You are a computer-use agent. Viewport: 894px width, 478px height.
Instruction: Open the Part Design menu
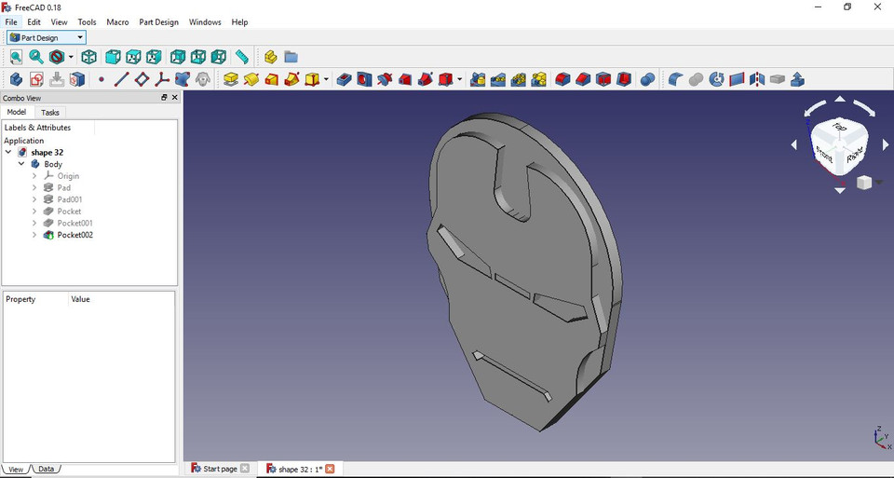tap(158, 21)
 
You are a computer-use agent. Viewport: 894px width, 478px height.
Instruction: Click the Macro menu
tap(117, 21)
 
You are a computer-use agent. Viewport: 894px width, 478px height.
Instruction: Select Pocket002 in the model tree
tap(74, 235)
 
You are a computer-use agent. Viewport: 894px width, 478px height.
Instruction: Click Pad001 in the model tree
tap(70, 199)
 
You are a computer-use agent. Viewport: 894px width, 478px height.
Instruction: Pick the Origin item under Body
tap(68, 176)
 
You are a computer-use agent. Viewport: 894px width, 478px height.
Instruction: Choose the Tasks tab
tap(50, 112)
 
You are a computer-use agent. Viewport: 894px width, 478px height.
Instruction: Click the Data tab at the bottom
tap(46, 469)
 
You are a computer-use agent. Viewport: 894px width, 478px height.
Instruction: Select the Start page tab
tap(220, 469)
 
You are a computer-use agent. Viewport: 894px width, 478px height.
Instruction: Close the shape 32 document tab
tap(330, 469)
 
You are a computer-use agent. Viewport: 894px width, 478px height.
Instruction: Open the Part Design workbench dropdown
tap(47, 38)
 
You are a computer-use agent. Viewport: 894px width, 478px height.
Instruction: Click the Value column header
tap(81, 299)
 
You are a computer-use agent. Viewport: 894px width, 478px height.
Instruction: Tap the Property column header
tap(20, 299)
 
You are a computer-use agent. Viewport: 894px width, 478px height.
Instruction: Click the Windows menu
tap(205, 21)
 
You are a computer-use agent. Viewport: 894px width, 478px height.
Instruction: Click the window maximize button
tap(847, 7)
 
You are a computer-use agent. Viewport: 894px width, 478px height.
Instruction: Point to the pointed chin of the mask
tap(541, 430)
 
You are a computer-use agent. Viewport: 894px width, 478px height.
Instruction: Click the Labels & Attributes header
tap(37, 128)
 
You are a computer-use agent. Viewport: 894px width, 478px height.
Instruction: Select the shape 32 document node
tap(47, 152)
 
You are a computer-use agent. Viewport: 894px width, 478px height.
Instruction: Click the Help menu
tap(239, 21)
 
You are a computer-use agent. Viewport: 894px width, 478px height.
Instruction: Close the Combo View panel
tap(174, 97)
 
